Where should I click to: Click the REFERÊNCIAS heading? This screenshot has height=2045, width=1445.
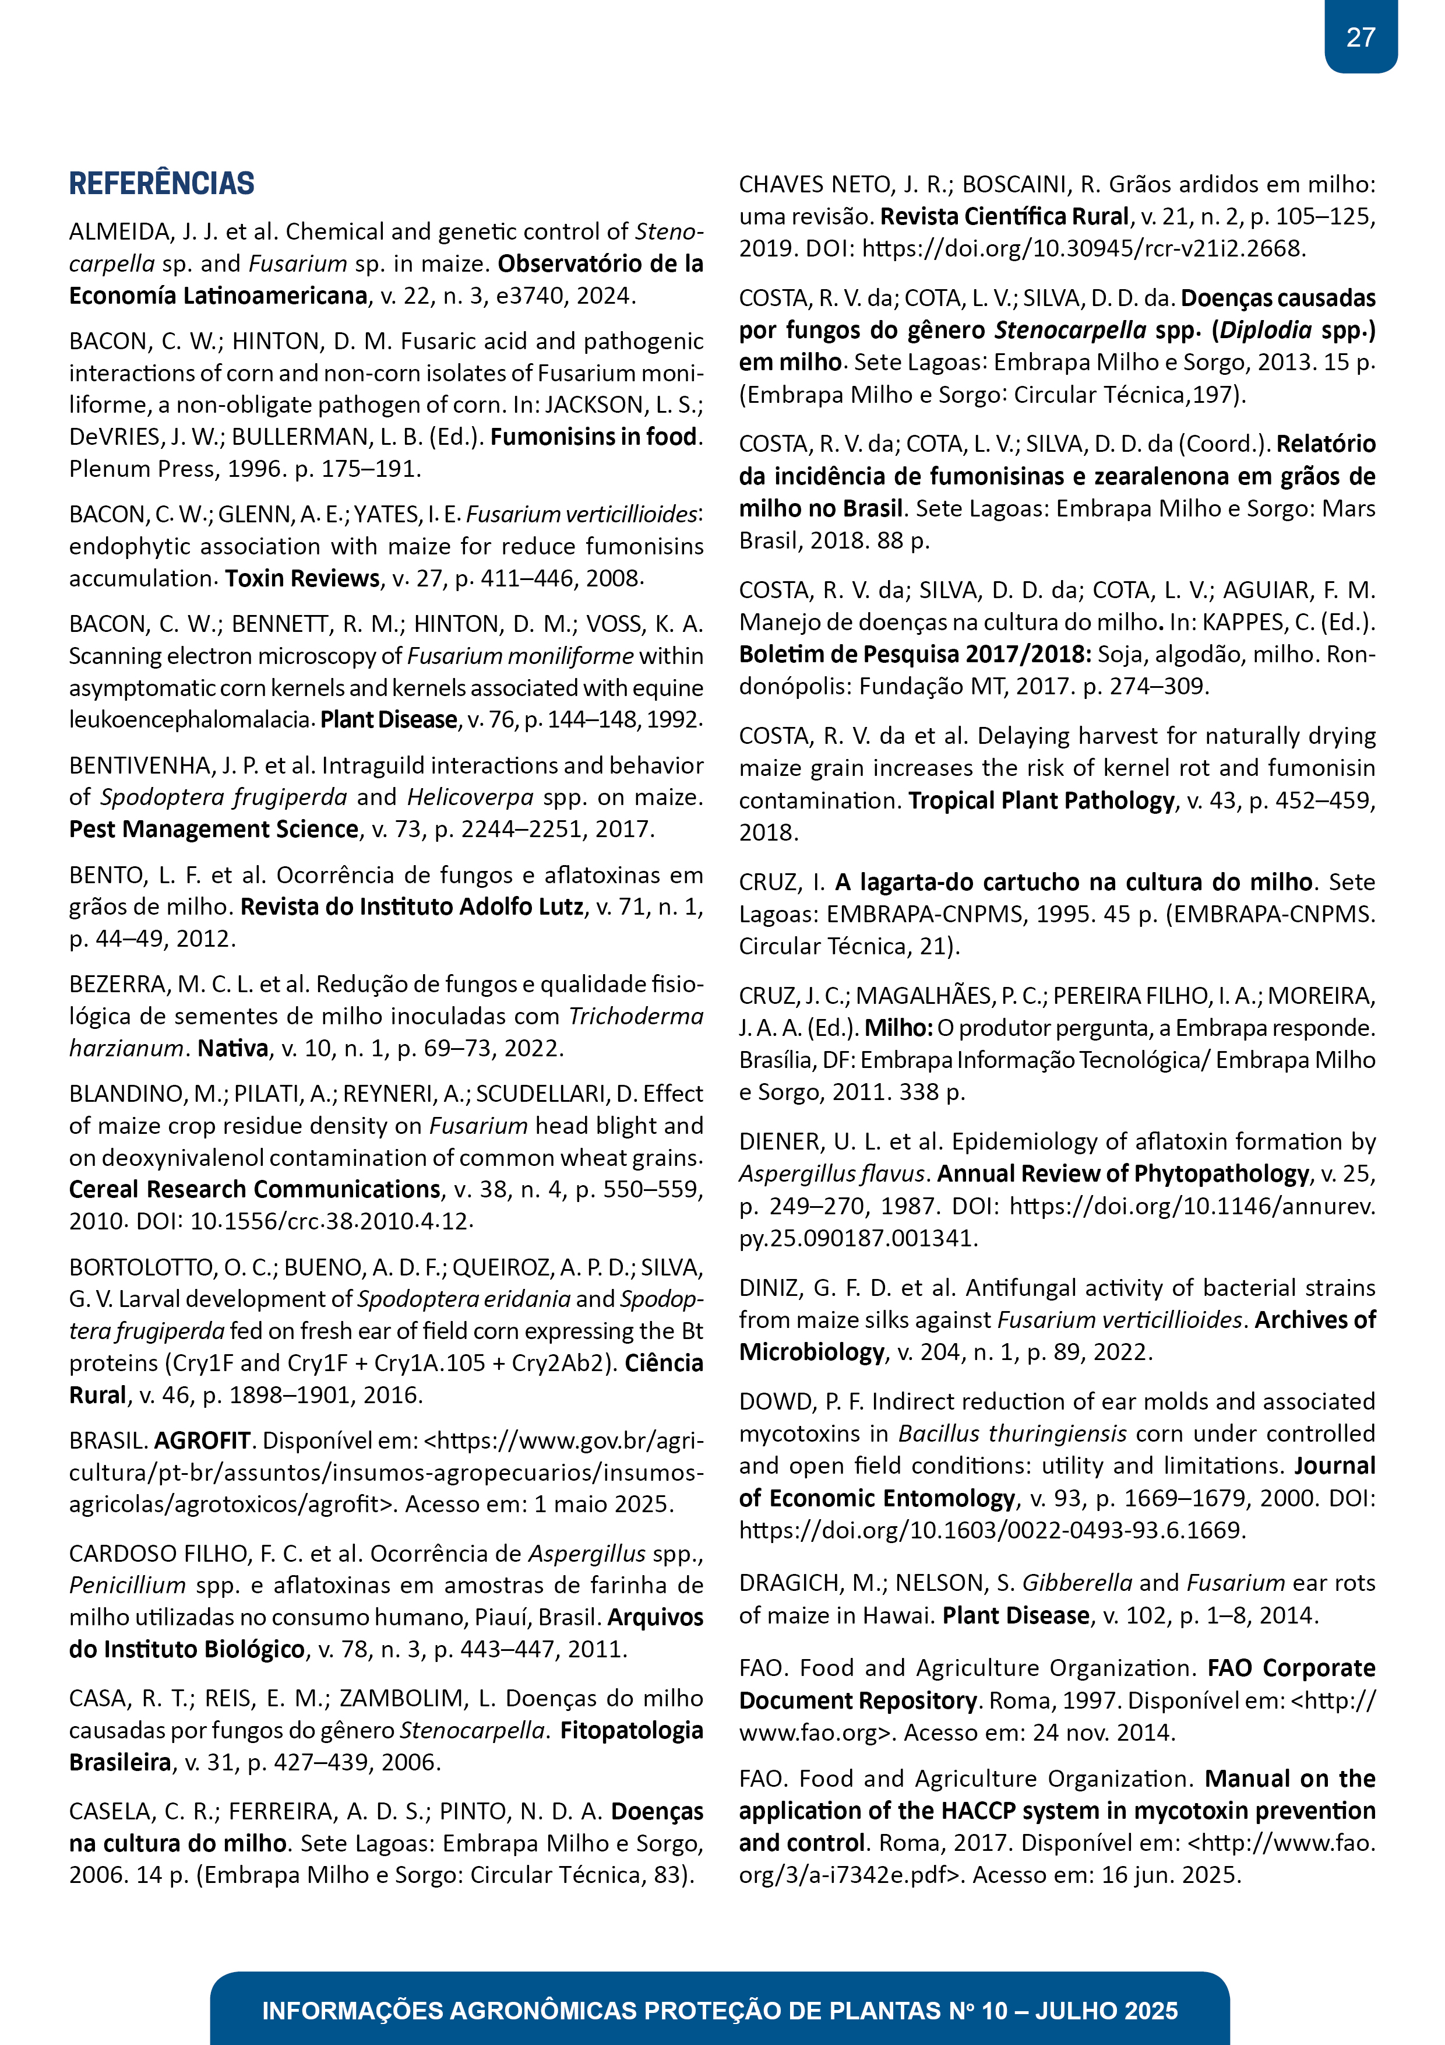(x=162, y=184)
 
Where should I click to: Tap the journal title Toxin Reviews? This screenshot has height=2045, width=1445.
(x=302, y=578)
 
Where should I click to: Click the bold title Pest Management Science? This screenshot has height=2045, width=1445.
(x=214, y=829)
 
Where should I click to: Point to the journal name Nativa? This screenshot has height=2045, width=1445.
(x=233, y=1048)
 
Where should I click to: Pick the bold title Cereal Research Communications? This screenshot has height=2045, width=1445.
(x=255, y=1189)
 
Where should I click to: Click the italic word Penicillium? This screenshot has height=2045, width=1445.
(x=128, y=1586)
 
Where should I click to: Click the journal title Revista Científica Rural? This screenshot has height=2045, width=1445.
(x=1005, y=216)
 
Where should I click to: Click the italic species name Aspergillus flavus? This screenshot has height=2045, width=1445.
(x=834, y=1174)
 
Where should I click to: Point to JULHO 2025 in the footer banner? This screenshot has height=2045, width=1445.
(x=1106, y=2010)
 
